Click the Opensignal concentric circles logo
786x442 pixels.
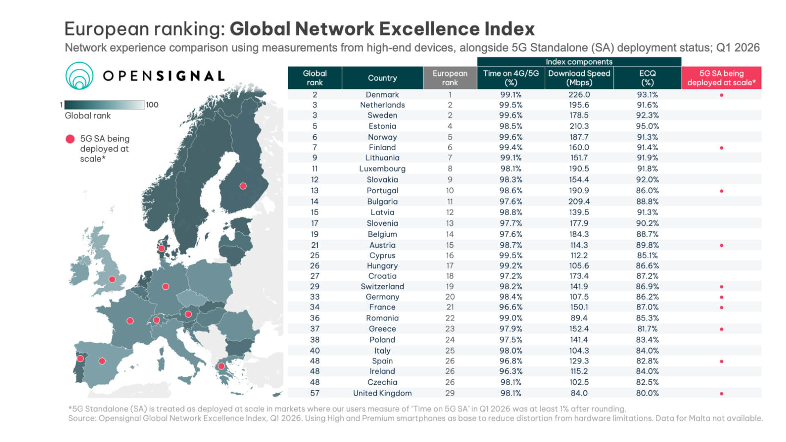(x=79, y=76)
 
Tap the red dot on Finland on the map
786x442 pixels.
(x=243, y=186)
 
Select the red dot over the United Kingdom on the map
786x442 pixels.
(x=112, y=280)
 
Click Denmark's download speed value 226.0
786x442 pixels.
(x=579, y=95)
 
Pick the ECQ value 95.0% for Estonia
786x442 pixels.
(x=647, y=126)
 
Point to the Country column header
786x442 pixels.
(x=382, y=78)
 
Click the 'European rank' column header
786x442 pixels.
(x=450, y=78)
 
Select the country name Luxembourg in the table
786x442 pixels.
(x=382, y=169)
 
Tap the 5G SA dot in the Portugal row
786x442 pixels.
(x=721, y=191)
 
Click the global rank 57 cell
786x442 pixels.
(x=315, y=393)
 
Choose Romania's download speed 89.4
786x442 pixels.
(x=579, y=318)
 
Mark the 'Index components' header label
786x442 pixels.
(x=579, y=62)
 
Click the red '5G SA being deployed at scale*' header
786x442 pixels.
(x=721, y=78)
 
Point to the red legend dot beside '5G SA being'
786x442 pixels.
(x=70, y=139)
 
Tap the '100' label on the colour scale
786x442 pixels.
(x=152, y=105)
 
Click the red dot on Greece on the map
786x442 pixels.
(x=221, y=366)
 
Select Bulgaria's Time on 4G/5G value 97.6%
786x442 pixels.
(x=510, y=201)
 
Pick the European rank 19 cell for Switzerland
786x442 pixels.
(x=450, y=286)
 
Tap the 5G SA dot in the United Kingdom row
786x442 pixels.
(x=721, y=394)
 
